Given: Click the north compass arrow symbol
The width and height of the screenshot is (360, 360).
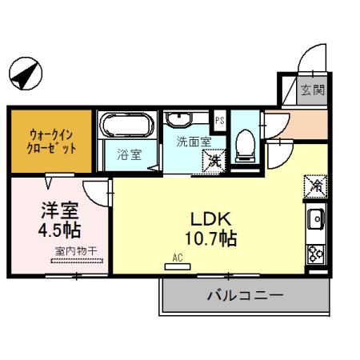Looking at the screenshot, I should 25,75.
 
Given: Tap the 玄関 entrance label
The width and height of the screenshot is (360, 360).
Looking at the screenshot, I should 313,90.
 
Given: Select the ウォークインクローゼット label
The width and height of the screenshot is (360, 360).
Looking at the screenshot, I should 53,142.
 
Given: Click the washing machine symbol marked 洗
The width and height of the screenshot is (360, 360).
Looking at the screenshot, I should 214,161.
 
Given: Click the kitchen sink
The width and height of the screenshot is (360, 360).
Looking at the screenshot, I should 315,218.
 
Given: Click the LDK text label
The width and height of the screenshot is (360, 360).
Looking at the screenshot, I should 210,218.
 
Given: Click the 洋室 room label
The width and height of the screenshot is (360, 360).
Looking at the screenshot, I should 60,212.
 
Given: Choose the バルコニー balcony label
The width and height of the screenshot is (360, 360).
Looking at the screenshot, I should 245,295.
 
